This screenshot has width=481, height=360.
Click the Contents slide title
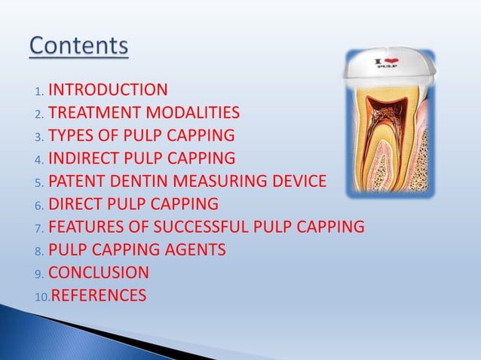point(79,46)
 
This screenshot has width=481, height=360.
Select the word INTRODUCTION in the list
point(108,90)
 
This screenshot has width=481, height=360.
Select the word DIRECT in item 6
point(75,204)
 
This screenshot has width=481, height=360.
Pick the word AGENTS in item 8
point(196,249)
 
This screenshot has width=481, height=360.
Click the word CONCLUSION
point(98,272)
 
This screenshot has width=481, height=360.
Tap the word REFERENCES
point(98,295)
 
